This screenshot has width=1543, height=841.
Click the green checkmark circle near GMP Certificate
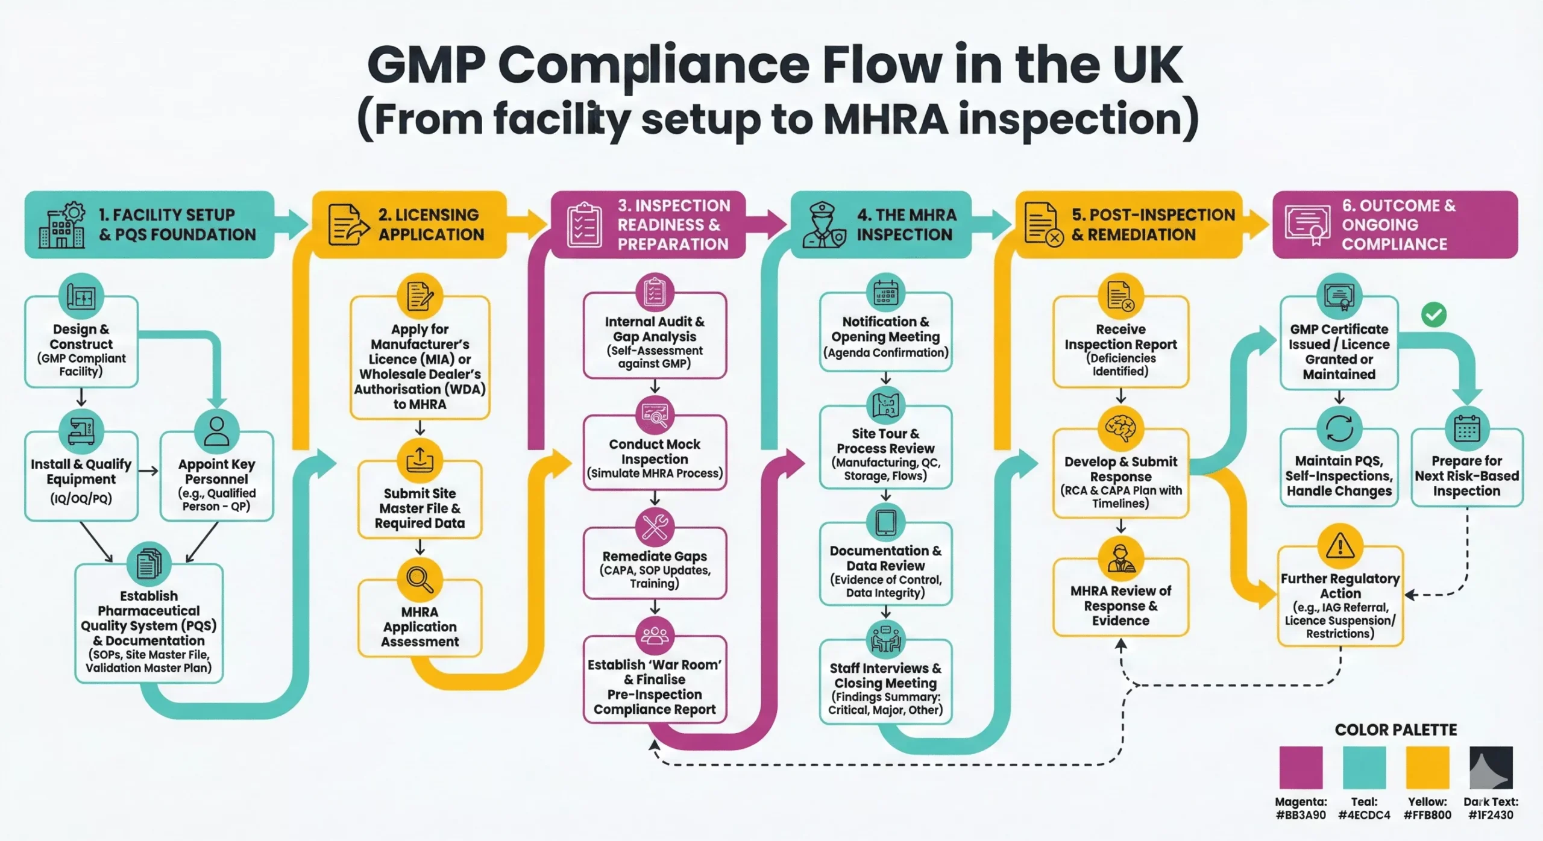click(1433, 314)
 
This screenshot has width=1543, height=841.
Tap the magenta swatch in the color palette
click(1301, 767)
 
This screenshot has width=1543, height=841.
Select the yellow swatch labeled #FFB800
click(1427, 767)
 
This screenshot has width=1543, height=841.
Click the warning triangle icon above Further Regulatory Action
click(1340, 546)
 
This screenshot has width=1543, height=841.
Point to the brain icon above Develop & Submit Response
click(1120, 429)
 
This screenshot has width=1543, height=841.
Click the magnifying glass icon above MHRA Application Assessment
click(420, 580)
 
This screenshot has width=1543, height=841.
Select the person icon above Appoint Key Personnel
click(216, 431)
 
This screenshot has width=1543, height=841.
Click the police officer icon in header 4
click(824, 225)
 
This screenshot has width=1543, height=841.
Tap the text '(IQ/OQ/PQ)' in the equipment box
click(81, 498)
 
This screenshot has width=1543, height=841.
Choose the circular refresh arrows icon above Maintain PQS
click(1339, 429)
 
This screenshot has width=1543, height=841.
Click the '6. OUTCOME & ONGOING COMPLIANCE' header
click(1394, 225)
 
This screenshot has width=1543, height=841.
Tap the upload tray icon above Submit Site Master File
click(420, 461)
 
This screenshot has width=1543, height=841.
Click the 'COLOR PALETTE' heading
click(1395, 730)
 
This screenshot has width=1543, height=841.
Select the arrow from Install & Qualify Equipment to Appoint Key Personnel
click(148, 471)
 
